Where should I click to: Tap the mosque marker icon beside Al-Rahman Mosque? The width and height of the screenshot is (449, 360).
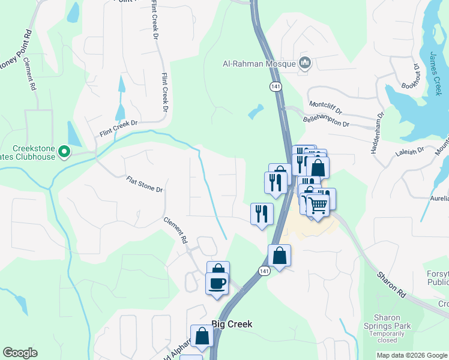tap(305, 62)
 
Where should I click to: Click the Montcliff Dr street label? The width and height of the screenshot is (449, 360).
tap(325, 107)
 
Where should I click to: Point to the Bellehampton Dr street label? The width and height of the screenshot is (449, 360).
tap(328, 119)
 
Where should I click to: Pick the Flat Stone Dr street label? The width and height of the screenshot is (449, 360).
tap(144, 184)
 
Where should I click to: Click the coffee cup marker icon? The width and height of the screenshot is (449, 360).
tap(217, 283)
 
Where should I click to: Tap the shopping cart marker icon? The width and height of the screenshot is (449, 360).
tap(318, 205)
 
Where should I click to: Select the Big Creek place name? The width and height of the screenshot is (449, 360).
tap(232, 324)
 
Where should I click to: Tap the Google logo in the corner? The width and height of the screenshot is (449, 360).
tap(20, 353)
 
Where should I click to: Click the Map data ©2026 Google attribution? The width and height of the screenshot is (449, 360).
tap(412, 355)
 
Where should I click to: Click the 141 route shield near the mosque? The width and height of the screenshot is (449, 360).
tap(276, 86)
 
